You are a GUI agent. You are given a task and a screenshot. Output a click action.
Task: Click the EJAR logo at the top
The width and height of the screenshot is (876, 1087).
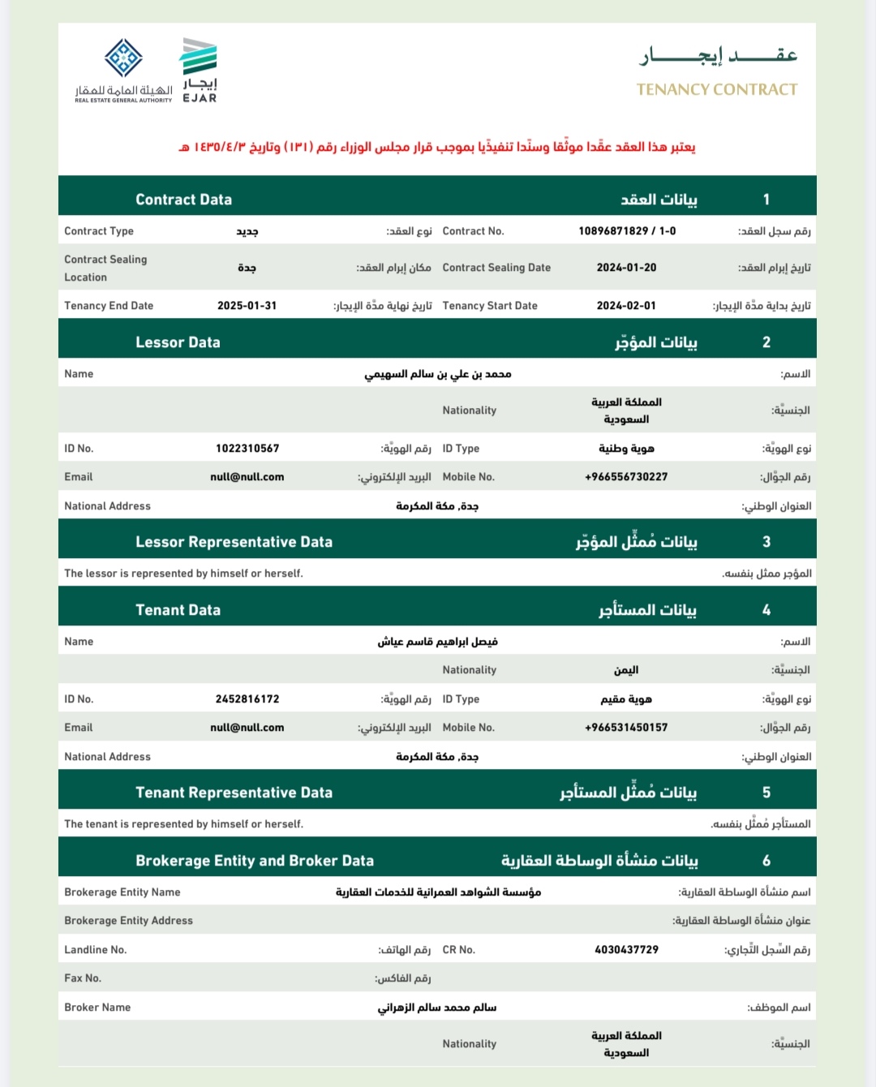(199, 71)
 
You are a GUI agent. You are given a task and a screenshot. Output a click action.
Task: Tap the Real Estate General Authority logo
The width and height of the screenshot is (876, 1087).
(123, 70)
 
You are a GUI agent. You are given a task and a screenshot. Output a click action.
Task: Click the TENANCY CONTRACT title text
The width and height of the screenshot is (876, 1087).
(717, 89)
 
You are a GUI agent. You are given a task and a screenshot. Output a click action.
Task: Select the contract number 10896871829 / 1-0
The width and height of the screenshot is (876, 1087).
(627, 231)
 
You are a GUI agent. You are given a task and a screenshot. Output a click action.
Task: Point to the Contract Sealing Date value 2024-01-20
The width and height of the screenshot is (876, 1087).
(626, 268)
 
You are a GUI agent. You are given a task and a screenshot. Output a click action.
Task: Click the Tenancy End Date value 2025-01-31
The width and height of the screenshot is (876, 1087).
(247, 306)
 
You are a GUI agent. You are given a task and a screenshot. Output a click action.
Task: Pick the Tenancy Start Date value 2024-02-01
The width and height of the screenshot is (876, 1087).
(626, 306)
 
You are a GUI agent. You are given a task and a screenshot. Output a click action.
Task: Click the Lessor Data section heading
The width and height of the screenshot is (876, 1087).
(178, 342)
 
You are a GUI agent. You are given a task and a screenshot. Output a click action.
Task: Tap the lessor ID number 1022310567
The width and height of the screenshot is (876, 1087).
(247, 449)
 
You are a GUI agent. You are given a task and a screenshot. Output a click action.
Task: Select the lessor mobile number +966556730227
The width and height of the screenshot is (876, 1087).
(626, 477)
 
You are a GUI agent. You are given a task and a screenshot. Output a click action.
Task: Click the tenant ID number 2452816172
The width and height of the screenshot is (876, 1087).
(247, 699)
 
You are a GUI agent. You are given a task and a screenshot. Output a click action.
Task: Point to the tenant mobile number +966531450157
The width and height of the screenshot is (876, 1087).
(626, 728)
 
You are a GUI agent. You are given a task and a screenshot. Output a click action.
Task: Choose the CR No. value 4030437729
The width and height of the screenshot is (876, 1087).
(626, 950)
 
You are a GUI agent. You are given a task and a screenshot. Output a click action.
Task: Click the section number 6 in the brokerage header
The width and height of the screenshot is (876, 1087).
(766, 861)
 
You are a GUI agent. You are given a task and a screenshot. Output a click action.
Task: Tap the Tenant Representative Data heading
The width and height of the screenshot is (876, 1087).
(234, 793)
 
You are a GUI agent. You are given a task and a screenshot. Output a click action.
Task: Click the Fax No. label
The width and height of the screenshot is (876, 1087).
(83, 978)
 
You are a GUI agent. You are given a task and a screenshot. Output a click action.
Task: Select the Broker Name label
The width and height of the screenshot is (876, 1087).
(97, 1008)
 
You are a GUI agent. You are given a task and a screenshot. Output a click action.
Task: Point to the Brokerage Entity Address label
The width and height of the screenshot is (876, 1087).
(128, 921)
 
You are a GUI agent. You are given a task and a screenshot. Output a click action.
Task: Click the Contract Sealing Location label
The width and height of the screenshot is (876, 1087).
(105, 268)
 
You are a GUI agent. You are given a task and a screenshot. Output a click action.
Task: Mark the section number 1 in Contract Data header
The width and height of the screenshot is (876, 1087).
(766, 200)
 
